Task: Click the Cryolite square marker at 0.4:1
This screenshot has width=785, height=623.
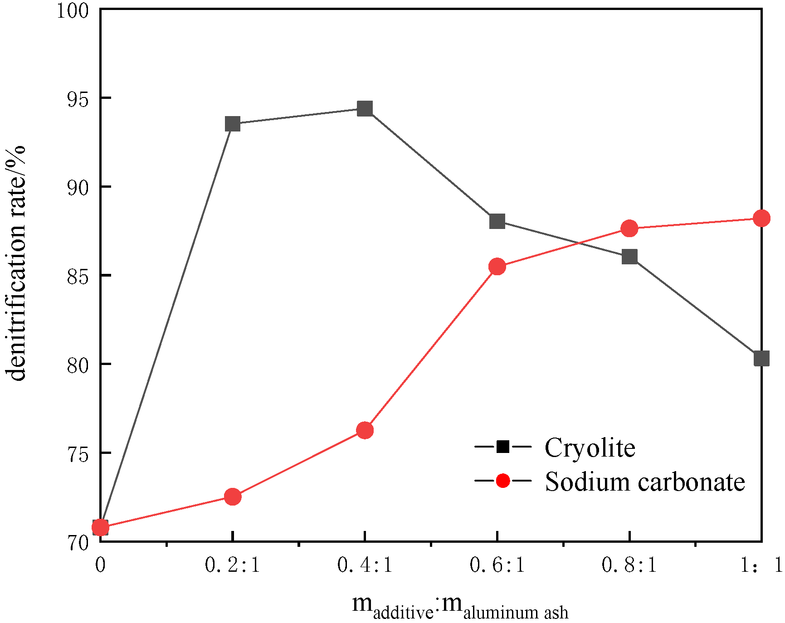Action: click(365, 109)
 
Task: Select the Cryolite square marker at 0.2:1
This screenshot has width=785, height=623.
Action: click(233, 124)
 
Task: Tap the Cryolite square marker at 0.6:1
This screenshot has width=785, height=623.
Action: click(497, 221)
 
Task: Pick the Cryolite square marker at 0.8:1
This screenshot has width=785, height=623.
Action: click(629, 257)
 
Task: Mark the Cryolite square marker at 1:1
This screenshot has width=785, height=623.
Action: click(761, 358)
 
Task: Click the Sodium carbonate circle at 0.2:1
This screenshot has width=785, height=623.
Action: click(233, 497)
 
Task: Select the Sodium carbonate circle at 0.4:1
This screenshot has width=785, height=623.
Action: click(365, 430)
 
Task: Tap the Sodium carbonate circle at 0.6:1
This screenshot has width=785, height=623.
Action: click(497, 267)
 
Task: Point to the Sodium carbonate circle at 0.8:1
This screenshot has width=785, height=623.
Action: click(629, 229)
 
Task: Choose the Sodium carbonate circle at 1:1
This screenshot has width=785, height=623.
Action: click(761, 219)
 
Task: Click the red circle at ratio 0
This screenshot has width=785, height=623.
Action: click(100, 527)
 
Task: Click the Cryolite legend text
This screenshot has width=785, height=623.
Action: click(590, 448)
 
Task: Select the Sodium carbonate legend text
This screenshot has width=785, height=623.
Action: click(644, 482)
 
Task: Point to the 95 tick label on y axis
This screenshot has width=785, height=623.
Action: click(77, 98)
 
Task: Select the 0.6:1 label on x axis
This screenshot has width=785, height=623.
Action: click(497, 565)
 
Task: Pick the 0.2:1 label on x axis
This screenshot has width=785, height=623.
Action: click(233, 565)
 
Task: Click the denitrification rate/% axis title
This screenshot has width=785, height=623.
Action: click(16, 263)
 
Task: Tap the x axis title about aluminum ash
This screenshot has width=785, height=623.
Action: click(460, 606)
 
